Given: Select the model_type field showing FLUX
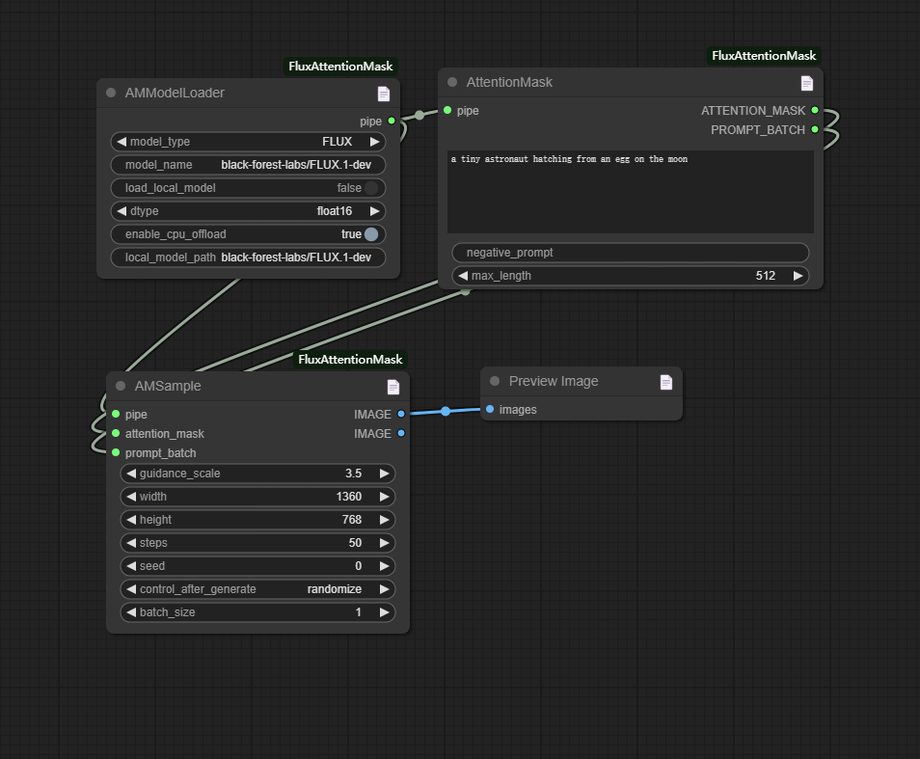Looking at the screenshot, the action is (x=248, y=142).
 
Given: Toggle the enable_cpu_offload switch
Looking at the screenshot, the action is (x=371, y=234).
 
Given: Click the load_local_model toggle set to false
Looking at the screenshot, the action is (x=371, y=188).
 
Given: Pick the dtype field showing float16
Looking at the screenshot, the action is (x=248, y=211).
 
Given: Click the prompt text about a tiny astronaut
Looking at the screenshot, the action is (x=569, y=159).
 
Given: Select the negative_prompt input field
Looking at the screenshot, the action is (x=630, y=253).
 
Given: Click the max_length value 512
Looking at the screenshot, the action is (x=765, y=276).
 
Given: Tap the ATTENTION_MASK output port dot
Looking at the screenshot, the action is (x=815, y=111).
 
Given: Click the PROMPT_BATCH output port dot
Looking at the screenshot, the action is (x=815, y=130).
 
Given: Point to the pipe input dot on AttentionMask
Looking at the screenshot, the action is (x=447, y=111).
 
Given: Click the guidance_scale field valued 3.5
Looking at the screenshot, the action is (x=257, y=474).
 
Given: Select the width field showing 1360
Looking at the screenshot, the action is (x=257, y=497).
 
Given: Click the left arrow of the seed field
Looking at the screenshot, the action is (x=131, y=566).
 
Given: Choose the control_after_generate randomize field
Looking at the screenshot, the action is (x=257, y=589).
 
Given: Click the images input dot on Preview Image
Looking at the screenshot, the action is (x=490, y=410).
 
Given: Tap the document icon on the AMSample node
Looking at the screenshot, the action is (x=393, y=387).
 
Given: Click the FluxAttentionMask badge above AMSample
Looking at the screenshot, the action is (x=350, y=360).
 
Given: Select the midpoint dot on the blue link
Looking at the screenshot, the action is (x=446, y=412).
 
